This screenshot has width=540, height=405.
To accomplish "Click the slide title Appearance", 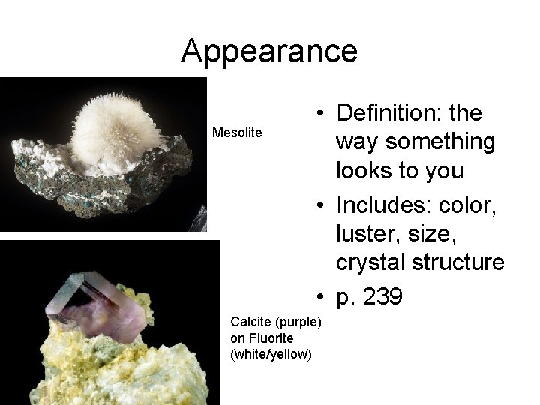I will pyautogui.click(x=269, y=51).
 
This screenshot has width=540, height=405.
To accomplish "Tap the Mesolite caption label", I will pyautogui.click(x=237, y=133).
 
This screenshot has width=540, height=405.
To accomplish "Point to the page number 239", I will pyautogui.click(x=383, y=297).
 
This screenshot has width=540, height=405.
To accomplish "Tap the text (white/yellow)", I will pyautogui.click(x=271, y=354).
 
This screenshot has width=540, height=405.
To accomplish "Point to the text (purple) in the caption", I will pyautogui.click(x=298, y=322).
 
